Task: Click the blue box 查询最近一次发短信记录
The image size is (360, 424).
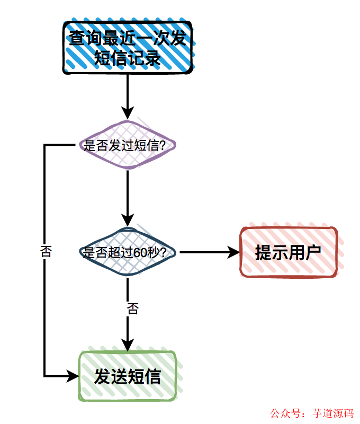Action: [x=127, y=48]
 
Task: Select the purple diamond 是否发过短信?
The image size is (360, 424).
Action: [x=127, y=145]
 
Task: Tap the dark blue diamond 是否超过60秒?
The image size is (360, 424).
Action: [x=127, y=253]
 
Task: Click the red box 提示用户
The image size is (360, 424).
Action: [x=289, y=252]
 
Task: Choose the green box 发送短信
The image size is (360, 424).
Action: [x=127, y=377]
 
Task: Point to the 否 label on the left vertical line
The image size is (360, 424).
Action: [x=46, y=252]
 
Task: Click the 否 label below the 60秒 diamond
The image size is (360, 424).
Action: [x=132, y=309]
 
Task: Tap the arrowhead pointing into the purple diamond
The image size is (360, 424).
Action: [x=128, y=113]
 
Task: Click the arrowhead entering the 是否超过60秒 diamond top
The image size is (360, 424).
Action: [x=128, y=220]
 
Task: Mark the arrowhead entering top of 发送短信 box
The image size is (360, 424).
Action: [x=128, y=344]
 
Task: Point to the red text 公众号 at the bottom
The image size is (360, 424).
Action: [x=285, y=413]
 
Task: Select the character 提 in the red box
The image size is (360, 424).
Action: [x=264, y=253]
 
